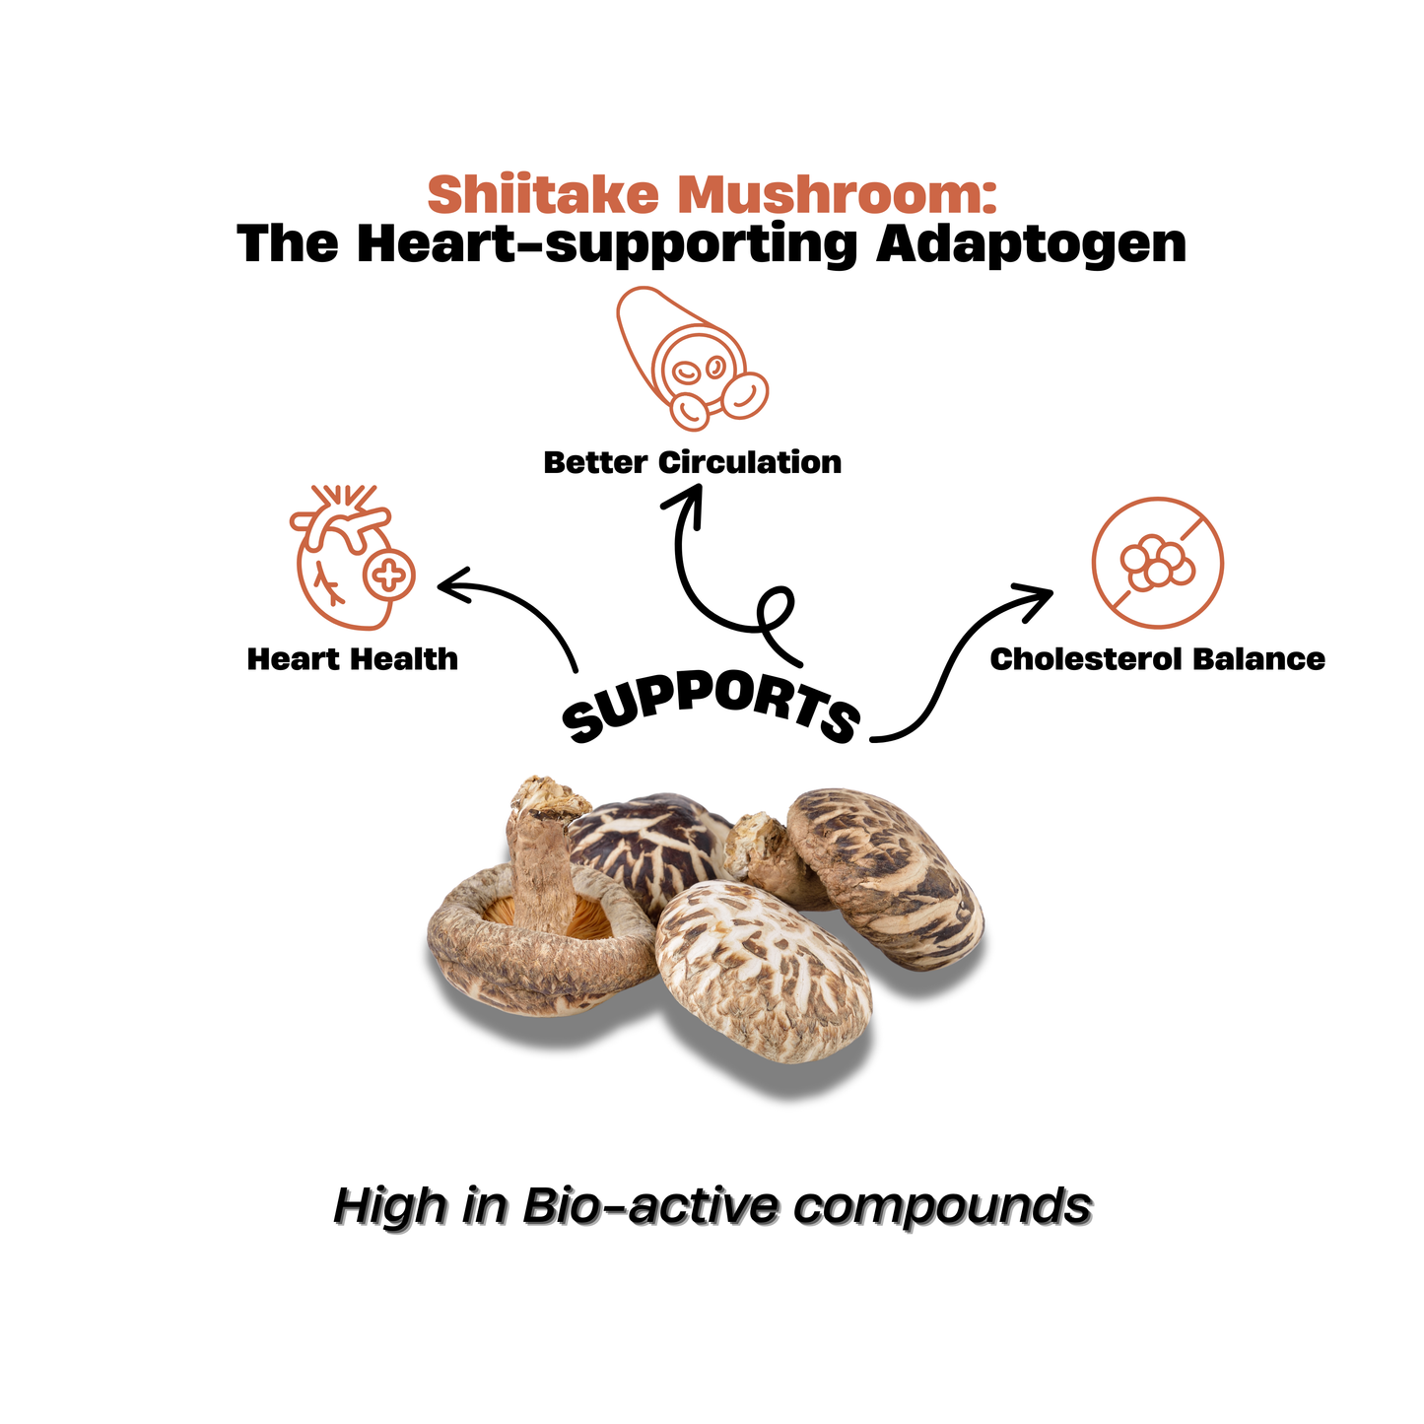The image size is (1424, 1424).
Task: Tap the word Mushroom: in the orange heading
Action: click(x=837, y=194)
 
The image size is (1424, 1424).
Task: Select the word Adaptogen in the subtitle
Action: click(x=1031, y=243)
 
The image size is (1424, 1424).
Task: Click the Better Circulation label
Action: click(x=693, y=462)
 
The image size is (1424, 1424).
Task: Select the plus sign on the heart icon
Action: click(x=389, y=575)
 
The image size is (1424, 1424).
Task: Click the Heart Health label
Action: click(x=353, y=659)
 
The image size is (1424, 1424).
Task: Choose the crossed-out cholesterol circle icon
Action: click(x=1157, y=563)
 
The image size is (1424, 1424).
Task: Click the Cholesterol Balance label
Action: click(x=1157, y=659)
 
